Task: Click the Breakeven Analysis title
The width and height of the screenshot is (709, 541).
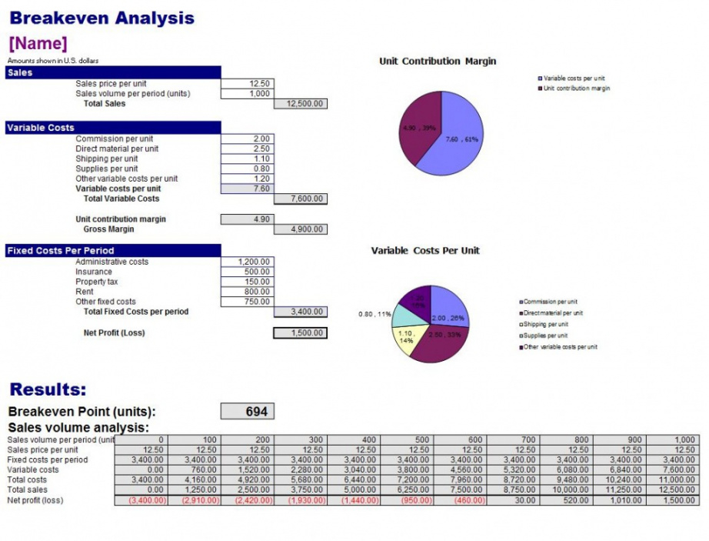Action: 102,18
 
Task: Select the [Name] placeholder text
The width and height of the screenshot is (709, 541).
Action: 38,43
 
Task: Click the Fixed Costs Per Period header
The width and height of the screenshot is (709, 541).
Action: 61,250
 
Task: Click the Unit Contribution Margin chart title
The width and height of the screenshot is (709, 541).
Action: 438,62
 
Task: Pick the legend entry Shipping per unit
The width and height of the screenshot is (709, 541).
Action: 545,324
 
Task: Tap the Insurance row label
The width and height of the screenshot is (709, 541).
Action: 93,272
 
